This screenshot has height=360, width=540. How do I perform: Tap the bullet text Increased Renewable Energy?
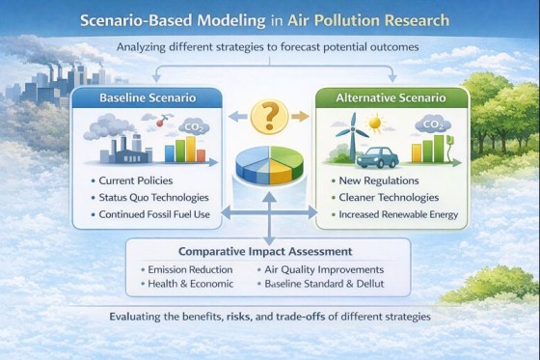(400, 214)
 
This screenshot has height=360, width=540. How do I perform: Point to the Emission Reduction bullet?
(187, 269)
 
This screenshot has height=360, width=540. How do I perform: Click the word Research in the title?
(417, 21)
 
